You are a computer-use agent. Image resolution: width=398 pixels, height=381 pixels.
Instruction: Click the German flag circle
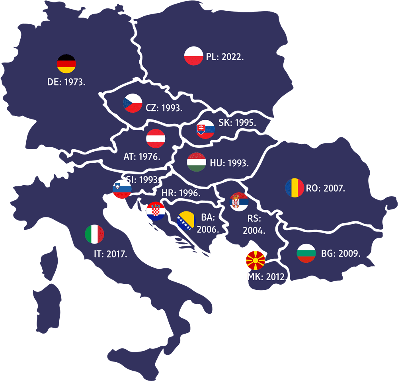tap(66, 64)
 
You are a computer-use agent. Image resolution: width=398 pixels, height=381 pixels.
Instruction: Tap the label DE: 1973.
tap(66, 82)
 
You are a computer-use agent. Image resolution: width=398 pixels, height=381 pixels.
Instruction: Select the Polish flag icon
tap(194, 56)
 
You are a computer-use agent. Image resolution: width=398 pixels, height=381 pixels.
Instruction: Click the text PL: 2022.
tap(225, 57)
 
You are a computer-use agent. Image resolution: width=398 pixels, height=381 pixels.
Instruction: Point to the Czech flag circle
tap(133, 103)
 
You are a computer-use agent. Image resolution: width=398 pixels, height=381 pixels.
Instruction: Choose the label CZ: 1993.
tap(164, 107)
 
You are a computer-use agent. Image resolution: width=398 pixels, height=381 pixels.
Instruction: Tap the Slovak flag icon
tap(205, 129)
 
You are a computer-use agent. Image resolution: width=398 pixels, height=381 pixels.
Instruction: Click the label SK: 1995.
tap(237, 123)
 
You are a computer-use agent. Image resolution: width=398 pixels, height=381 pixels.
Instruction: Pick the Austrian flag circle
tap(156, 139)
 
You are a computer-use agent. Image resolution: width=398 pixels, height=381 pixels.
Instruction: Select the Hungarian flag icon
tap(197, 162)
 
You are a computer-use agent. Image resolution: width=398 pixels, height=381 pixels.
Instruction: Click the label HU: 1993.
tap(229, 162)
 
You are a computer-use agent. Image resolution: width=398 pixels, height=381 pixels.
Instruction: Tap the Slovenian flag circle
tap(122, 190)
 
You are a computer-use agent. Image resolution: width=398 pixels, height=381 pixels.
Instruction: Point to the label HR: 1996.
tap(181, 193)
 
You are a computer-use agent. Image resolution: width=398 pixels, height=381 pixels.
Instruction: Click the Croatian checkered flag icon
tap(156, 211)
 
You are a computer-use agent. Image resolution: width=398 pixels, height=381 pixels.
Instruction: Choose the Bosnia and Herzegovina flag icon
tap(186, 221)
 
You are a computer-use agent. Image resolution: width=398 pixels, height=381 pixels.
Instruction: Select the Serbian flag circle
tap(240, 202)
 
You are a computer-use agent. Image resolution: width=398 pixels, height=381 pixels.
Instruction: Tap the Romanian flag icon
tap(295, 188)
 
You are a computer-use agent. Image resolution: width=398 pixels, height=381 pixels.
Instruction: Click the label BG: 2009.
tap(341, 253)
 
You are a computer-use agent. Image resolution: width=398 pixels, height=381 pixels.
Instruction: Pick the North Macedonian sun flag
tap(256, 260)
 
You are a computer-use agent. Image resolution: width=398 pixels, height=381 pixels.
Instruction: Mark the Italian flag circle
tap(95, 234)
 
